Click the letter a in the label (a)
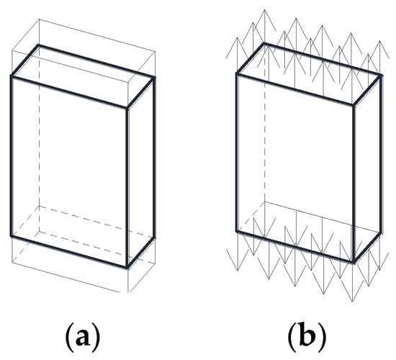83,338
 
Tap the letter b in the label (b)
307,334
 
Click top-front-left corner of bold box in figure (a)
12,76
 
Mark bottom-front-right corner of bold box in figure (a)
127,267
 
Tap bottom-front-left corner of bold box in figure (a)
12,236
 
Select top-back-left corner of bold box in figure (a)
38,45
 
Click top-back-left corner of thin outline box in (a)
39,19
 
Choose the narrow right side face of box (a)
141,173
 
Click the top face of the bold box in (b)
308,73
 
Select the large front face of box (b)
295,168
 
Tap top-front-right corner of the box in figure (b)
354,104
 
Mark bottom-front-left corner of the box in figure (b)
237,231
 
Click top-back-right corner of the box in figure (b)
381,75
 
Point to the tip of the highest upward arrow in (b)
265,10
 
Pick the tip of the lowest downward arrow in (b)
353,301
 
